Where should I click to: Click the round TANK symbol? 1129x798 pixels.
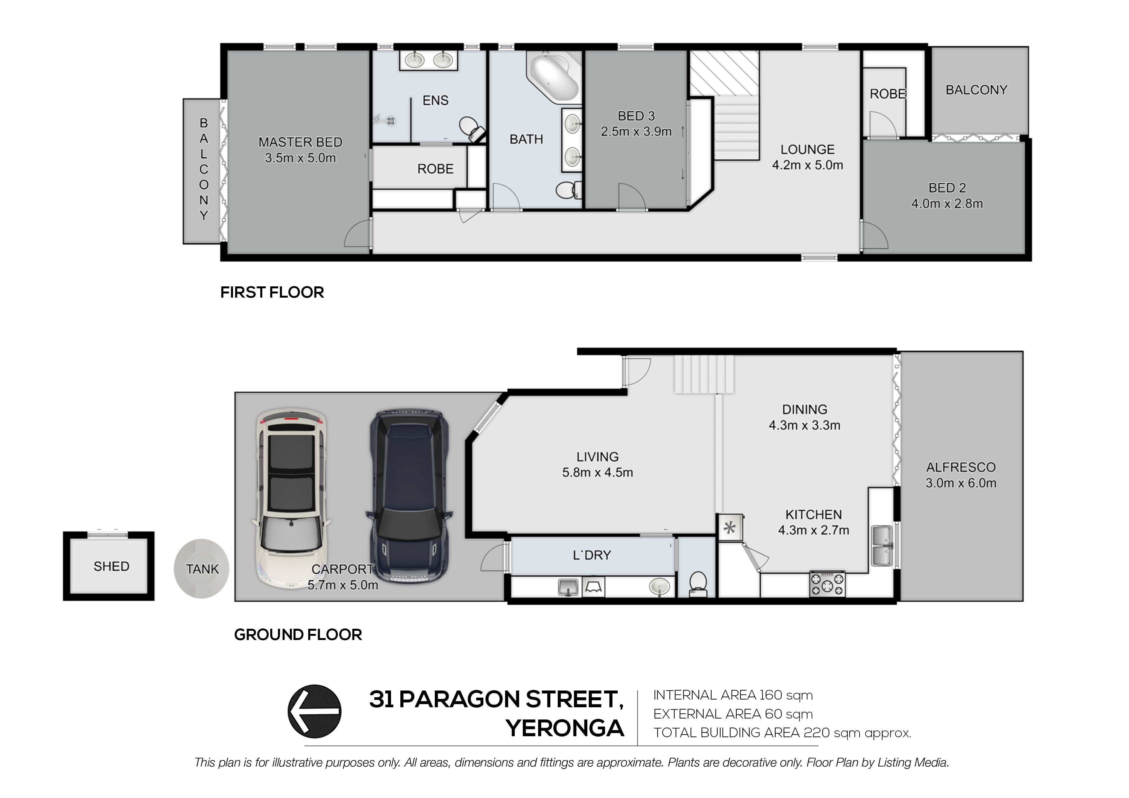tap(201, 569)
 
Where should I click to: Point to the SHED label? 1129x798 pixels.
tap(112, 566)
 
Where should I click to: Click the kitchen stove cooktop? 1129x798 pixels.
tap(827, 584)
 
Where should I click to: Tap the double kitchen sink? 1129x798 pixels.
tap(884, 546)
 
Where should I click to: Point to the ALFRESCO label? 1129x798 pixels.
tap(961, 467)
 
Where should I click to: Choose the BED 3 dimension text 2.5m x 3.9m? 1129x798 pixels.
tap(636, 132)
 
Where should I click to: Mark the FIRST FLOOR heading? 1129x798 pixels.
tap(272, 292)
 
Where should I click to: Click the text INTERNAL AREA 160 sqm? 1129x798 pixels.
tap(733, 695)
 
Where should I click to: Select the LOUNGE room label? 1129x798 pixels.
tap(807, 150)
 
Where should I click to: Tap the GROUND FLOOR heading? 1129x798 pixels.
tap(298, 635)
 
